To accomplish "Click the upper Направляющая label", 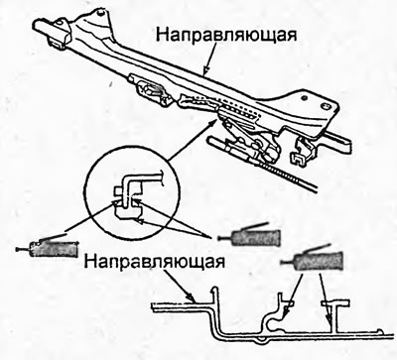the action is (x=226, y=35).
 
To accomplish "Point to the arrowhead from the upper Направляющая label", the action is (x=206, y=70).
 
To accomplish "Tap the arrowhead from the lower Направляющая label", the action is (x=191, y=298).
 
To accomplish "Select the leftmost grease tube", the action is (x=47, y=247).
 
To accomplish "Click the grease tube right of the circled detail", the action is (x=249, y=236).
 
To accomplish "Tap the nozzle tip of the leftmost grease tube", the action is (x=17, y=250).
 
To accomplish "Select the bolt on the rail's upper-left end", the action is (x=100, y=13).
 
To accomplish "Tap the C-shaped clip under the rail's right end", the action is (x=298, y=156).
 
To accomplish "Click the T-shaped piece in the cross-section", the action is (x=334, y=314).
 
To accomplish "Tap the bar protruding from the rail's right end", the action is (x=338, y=139).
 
